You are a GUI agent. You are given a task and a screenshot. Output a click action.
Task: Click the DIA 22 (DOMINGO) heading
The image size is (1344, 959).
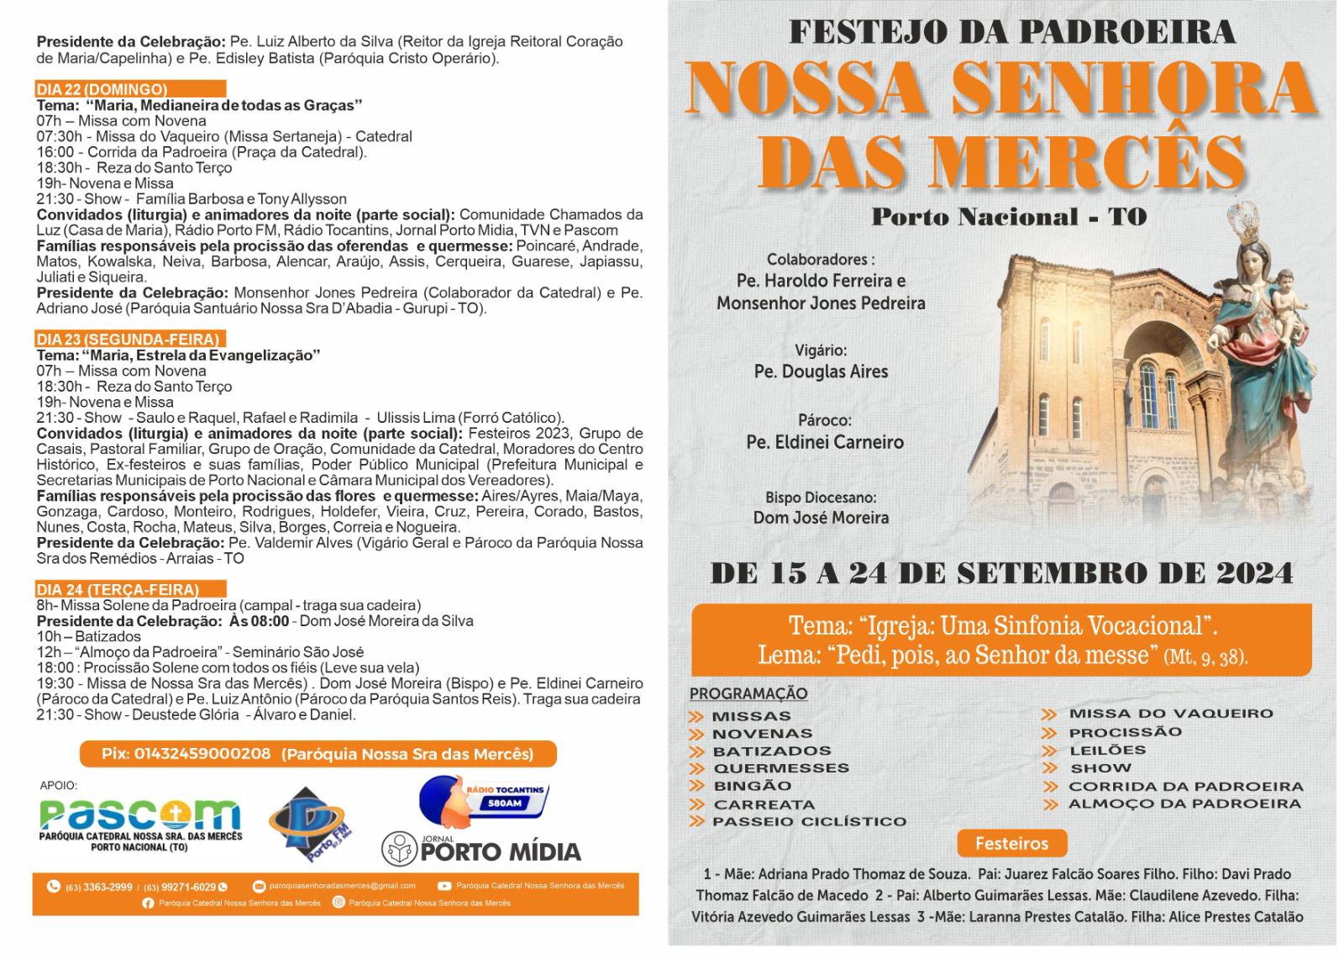102,89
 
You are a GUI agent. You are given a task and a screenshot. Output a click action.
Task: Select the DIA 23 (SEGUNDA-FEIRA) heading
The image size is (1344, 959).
128,339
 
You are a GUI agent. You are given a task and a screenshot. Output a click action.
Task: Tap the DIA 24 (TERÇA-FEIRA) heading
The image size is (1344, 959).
118,589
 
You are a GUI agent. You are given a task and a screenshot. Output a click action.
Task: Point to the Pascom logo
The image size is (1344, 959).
140,819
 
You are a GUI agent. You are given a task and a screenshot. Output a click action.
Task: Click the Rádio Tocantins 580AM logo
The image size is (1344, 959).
485,798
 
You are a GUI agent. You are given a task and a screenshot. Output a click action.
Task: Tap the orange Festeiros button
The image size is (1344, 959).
1011,843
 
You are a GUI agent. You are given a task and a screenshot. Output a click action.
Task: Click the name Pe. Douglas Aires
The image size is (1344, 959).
821,371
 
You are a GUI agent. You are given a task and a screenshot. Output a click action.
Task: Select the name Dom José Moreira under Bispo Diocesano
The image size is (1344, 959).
821,518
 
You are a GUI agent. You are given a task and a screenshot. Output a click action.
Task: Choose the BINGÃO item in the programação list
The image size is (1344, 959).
752,786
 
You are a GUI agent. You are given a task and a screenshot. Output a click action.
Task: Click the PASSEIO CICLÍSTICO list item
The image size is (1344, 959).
809,821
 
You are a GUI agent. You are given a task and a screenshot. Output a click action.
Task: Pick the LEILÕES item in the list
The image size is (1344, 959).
1106,750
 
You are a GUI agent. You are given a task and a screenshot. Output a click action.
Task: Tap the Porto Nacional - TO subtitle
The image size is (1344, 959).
1008,217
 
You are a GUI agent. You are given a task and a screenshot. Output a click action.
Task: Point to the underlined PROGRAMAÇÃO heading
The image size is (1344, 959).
748,693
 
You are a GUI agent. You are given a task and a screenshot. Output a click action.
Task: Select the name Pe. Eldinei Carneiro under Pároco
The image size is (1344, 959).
825,442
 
